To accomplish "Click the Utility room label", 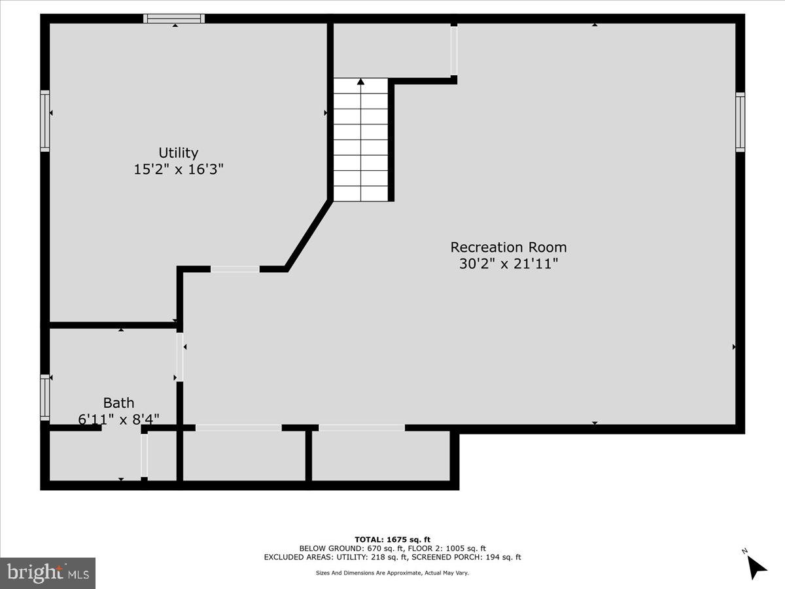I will coord(179,152).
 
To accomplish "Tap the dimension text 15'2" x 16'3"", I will coord(179,169).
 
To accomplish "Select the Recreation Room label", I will coord(508,247).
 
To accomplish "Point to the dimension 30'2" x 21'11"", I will coord(508,264).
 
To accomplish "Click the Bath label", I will coord(118,402).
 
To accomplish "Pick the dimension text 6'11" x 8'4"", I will coord(118,419).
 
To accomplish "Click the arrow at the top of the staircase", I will coord(360,82).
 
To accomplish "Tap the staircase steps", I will coord(360,141).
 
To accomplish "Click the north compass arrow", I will coord(757,565).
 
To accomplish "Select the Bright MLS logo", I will coord(48,573).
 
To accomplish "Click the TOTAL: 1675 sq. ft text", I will coord(392,539).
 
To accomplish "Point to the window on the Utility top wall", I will coord(175,18).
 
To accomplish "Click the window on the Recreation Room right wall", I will coord(740,122).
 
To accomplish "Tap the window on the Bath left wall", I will coord(45,397).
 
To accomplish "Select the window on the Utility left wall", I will coord(45,121).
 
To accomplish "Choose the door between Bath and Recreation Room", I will coord(179,357).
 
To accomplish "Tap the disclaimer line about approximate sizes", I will coord(392,573).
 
